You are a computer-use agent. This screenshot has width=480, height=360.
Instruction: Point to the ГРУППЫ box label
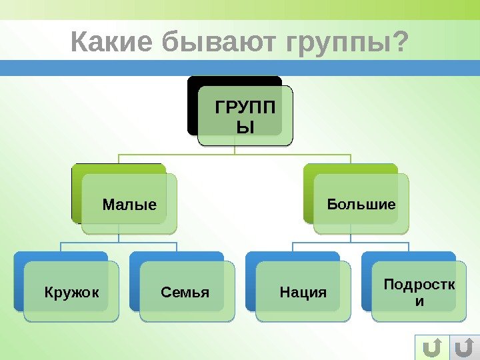coord(245,115)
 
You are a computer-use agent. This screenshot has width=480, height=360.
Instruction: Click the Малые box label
coord(129,204)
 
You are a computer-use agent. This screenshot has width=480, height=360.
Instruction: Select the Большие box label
coord(361,203)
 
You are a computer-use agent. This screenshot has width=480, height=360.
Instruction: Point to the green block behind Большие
coord(308,193)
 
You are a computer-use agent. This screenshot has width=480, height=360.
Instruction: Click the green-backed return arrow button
coord(432,347)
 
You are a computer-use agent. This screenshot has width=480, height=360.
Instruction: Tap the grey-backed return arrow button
coord(465,347)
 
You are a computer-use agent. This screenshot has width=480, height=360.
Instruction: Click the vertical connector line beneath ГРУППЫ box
coord(235,150)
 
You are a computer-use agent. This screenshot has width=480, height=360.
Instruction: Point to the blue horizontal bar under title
coord(240,68)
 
